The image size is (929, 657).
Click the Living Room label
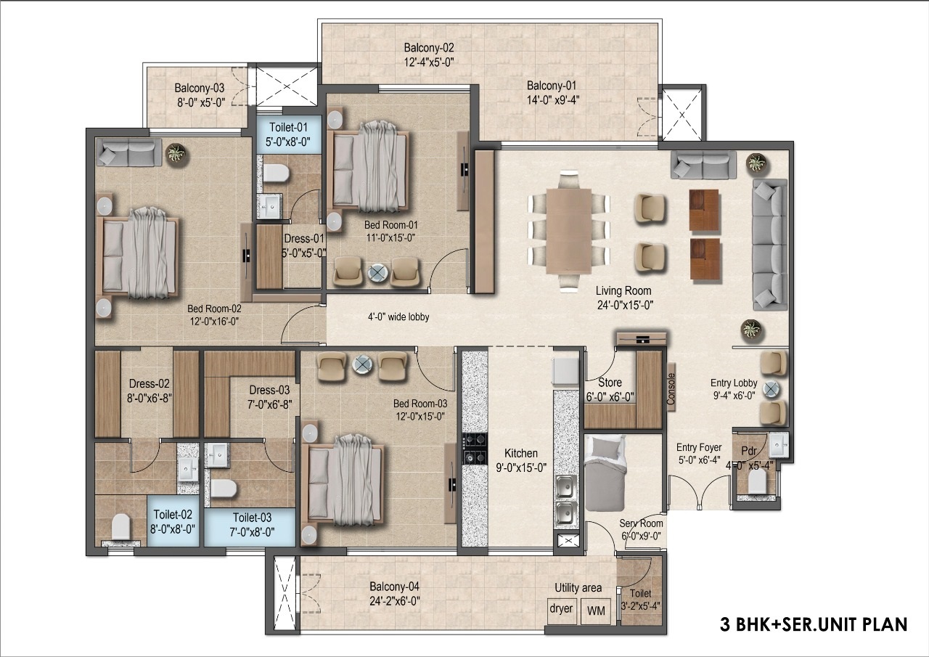pos(623,291)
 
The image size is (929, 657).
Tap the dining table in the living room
pos(568,231)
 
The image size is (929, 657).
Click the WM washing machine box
pos(596,611)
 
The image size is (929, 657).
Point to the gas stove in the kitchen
pos(475,449)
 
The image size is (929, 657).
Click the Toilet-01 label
pos(288,127)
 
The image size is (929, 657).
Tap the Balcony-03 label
pos(199,88)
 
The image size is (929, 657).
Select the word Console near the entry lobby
pos(671,388)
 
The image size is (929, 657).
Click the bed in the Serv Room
pos(605,473)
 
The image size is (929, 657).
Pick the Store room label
pos(610,382)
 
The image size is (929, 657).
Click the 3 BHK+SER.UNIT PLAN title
pos(814,624)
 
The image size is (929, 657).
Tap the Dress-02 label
pos(149,383)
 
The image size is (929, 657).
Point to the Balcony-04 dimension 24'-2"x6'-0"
pos(394,601)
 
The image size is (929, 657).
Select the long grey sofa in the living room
pos(770,245)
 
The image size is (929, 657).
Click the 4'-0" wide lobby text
pos(398,317)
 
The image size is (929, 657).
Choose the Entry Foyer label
pos(699,447)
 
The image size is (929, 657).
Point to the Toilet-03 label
pos(252,518)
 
